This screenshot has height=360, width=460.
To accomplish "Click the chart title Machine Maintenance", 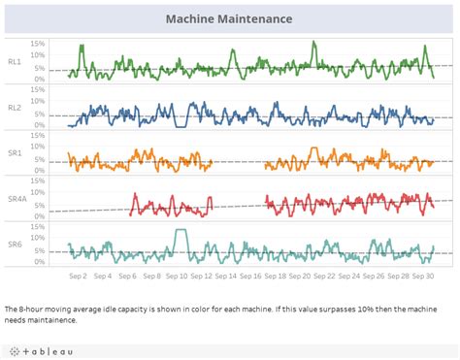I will coord(229,19).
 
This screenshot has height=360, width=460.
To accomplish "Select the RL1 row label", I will coord(15,61).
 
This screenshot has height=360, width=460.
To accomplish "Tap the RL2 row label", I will coord(15,107).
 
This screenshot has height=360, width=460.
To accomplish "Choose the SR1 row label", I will coord(15,152).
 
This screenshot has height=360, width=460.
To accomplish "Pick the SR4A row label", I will coord(16,198).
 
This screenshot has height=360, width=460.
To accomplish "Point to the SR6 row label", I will coord(15,244).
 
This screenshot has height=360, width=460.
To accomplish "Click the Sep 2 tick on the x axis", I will coord(79,276).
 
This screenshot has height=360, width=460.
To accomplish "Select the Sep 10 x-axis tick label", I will coord(177,276).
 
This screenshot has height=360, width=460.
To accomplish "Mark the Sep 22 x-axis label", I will coord(325,276).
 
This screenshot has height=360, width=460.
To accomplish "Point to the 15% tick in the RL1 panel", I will coord(38,44).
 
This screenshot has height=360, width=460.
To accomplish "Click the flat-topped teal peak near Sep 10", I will coord(180,231).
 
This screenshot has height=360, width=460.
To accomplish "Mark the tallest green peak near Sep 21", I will coord(313,44).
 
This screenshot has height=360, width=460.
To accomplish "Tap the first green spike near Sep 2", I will coord(82,46).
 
